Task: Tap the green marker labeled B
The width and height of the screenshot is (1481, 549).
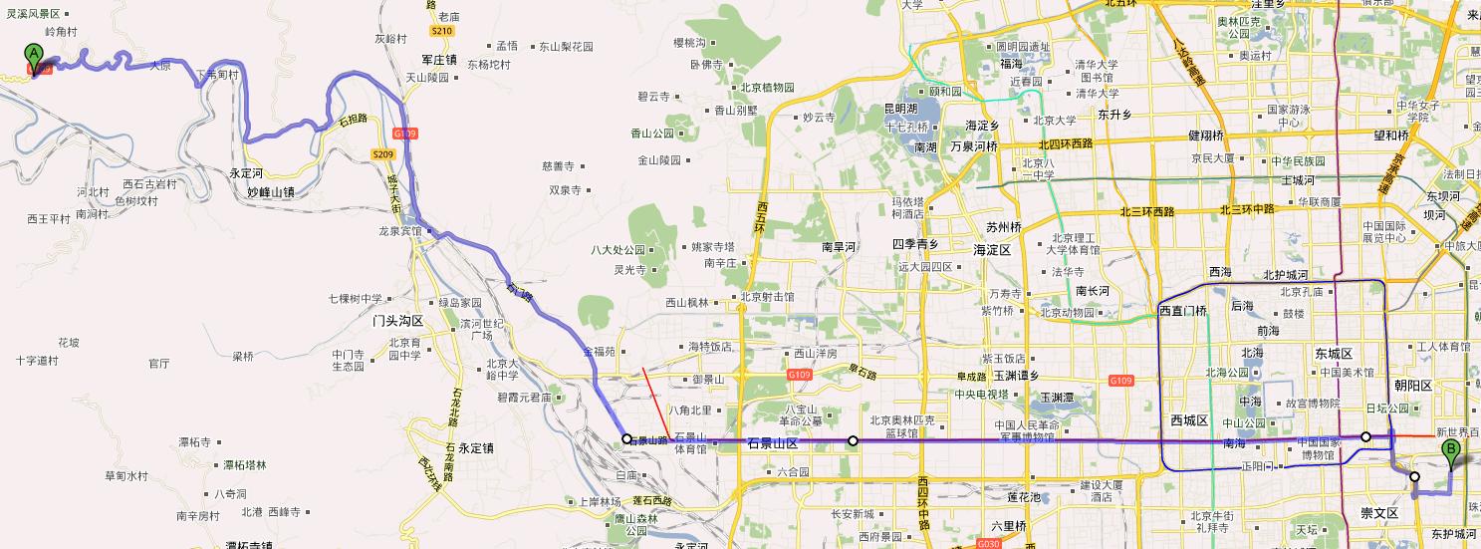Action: [x=1452, y=454]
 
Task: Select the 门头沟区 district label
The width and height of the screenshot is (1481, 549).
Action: [x=398, y=322]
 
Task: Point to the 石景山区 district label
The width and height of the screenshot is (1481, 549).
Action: [x=773, y=443]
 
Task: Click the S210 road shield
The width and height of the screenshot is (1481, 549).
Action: [x=442, y=31]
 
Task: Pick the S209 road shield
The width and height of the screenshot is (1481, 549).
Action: [x=383, y=153]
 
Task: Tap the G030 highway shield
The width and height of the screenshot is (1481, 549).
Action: [x=988, y=544]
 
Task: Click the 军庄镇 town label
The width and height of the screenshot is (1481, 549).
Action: [x=438, y=60]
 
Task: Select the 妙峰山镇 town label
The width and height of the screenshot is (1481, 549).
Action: [x=272, y=192]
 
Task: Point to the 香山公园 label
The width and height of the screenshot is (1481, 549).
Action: [x=652, y=134]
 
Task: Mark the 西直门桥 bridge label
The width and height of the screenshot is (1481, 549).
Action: [x=1183, y=311]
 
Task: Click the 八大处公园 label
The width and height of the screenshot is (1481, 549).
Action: [x=618, y=250]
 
